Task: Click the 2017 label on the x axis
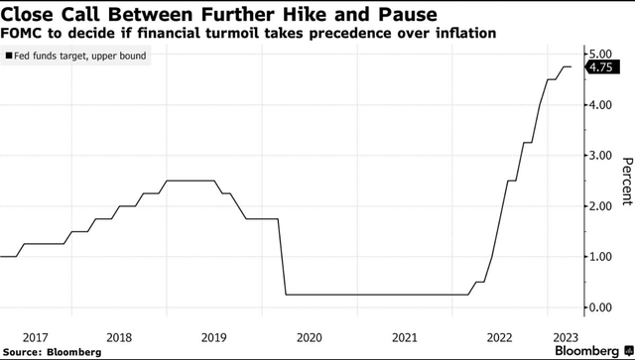pos(36,336)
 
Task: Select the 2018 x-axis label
pos(119,336)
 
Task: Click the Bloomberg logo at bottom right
pos(592,351)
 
